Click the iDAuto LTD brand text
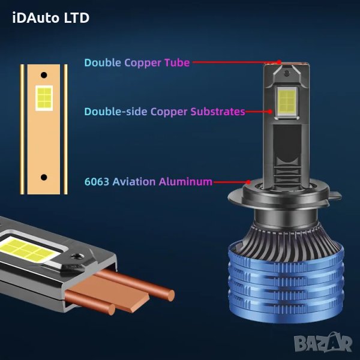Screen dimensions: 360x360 tap(51, 18)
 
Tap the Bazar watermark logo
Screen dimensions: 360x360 tap(323, 343)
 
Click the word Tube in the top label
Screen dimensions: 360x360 tap(177, 62)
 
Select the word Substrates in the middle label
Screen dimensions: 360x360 tap(218, 112)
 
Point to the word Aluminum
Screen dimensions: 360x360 tap(185, 182)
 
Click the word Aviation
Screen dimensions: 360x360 tap(134, 182)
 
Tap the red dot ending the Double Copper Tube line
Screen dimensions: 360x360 tap(279, 62)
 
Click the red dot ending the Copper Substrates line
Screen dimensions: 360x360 tap(270, 112)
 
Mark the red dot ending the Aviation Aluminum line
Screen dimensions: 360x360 tap(248, 182)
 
